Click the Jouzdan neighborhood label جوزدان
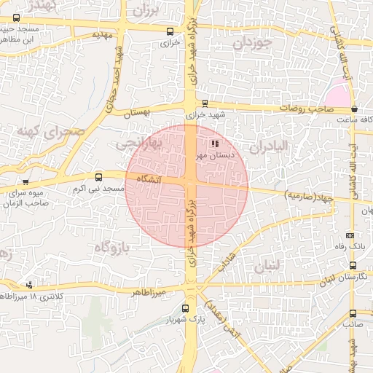tap(253, 43)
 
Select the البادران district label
tap(270, 147)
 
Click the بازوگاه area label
tap(111, 248)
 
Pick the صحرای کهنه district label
tap(52, 133)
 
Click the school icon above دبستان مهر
tap(214, 144)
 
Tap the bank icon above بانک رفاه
tap(350, 235)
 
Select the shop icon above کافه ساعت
tap(354, 109)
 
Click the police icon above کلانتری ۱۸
tap(29, 285)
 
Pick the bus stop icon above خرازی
tap(170, 31)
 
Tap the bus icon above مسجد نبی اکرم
tap(99, 177)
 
